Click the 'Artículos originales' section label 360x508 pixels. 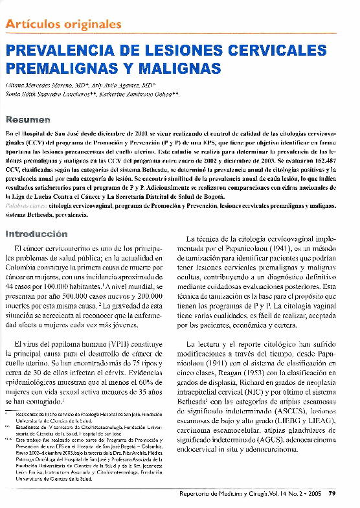pyautogui.click(x=63, y=25)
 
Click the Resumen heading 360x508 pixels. pyautogui.click(x=27, y=119)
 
